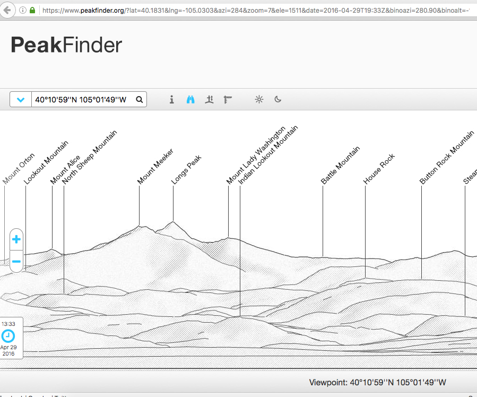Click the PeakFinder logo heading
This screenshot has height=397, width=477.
click(66, 46)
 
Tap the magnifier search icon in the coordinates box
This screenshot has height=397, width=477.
click(139, 99)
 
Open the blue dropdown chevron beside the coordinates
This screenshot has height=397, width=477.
click(21, 99)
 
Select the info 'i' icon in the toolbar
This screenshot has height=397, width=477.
click(171, 99)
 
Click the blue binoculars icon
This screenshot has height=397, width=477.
click(190, 99)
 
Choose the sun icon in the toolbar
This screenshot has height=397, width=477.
click(259, 99)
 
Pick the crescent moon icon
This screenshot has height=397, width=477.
click(277, 99)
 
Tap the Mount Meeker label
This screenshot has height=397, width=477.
click(155, 166)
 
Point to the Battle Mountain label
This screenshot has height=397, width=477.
click(341, 165)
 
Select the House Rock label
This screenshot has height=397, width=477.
click(379, 169)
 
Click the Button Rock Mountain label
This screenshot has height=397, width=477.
click(446, 158)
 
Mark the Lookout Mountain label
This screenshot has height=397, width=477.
click(46, 162)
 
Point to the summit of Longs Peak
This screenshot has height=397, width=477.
click(173, 222)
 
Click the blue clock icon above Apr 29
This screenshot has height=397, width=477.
click(8, 335)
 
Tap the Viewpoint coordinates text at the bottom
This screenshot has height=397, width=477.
click(377, 382)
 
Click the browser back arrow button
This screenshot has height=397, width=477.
click(7, 10)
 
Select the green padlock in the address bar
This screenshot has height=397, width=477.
click(33, 10)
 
